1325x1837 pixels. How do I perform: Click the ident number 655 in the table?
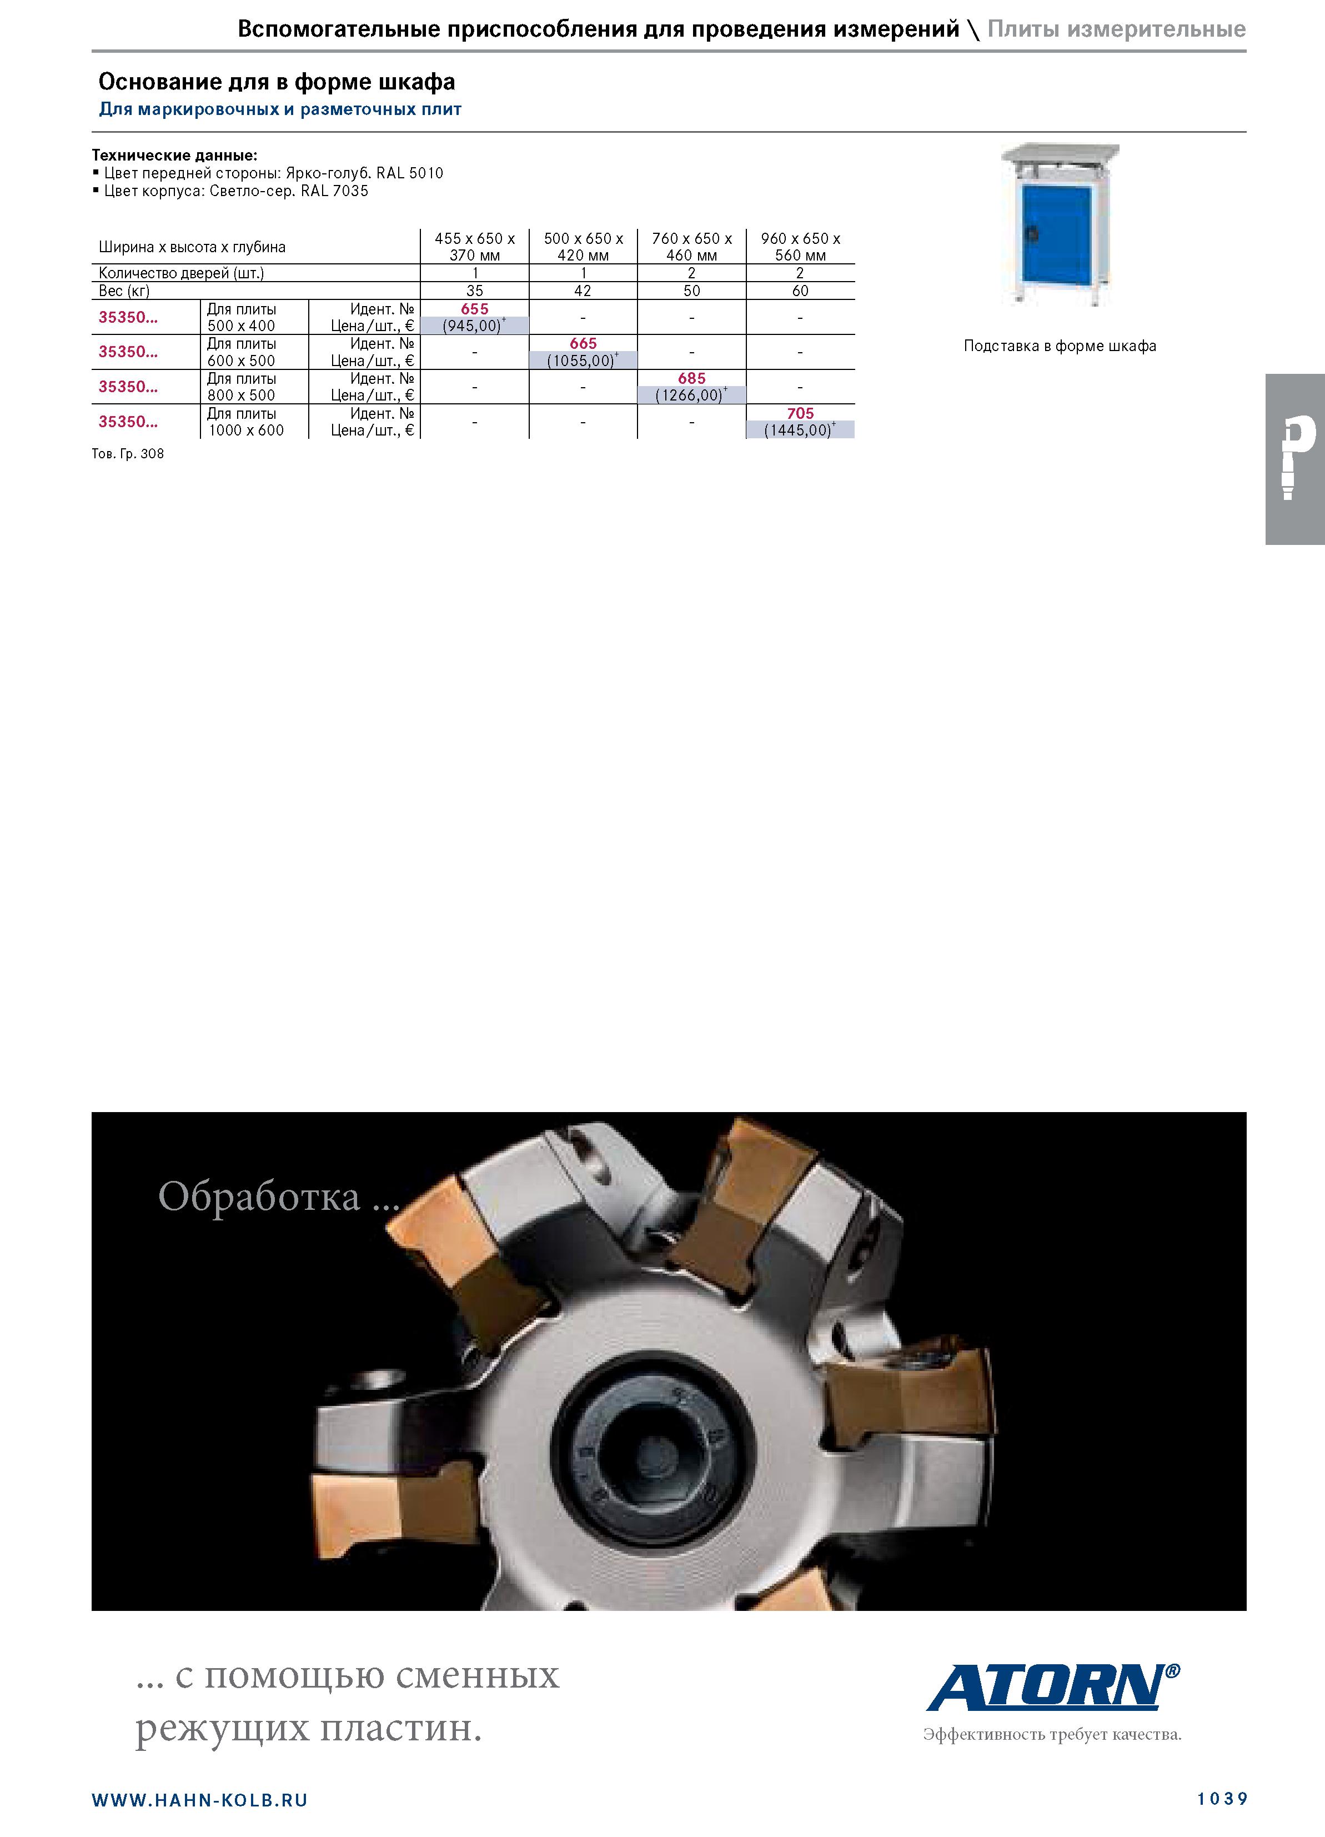(475, 309)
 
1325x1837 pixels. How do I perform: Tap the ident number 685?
(692, 378)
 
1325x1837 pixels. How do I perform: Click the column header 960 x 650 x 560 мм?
(800, 246)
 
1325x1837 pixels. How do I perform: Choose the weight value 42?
(583, 291)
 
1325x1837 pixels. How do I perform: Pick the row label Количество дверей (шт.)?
(182, 273)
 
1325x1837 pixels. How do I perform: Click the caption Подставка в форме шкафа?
(1060, 346)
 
